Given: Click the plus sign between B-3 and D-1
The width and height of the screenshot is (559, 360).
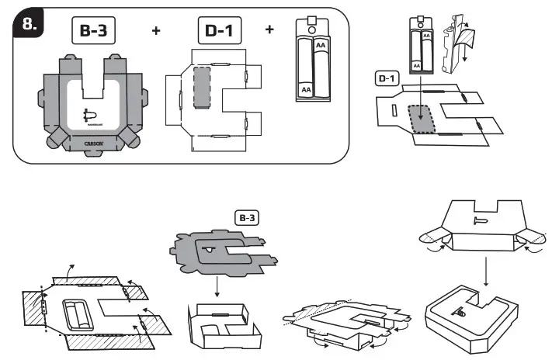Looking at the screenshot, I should coord(156,31).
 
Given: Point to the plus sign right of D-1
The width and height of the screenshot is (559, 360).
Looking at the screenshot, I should coord(269,30).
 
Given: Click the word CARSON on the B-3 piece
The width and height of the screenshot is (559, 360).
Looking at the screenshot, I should coord(93,143).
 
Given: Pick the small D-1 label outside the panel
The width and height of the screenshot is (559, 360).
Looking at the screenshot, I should coord(387,78).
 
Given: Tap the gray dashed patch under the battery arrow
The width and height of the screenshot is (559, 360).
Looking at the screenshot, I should coord(422,116).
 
